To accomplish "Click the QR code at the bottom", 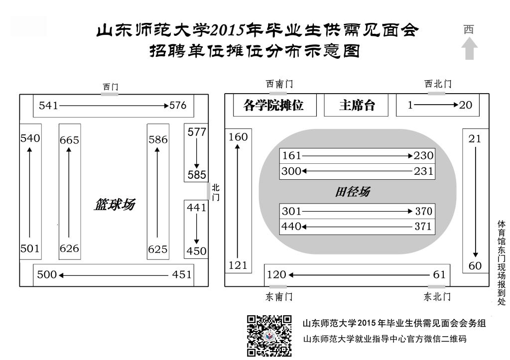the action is coord(269,336).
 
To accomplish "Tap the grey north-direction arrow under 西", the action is coord(469,48).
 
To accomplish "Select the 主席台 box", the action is coord(356,105).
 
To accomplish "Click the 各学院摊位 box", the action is coord(275,105).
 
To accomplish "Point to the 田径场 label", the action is coord(353,192).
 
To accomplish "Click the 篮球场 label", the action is coord(115,205).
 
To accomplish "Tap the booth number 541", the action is coord(48,106).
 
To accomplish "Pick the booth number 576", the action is coord(178,105).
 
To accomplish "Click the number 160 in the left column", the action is coord(238,137).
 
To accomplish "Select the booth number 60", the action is coord(475,266).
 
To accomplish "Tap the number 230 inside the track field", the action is coord(423,155).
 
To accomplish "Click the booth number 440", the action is coord(291,226).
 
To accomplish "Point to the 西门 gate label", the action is coord(111,87).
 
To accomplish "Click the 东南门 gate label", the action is coord(279,297).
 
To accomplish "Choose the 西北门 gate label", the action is coord(438,84).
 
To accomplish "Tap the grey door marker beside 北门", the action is coord(209,191).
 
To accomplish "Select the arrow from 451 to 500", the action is coord(114,275).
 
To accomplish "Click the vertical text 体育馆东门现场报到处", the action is coord(501,263).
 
